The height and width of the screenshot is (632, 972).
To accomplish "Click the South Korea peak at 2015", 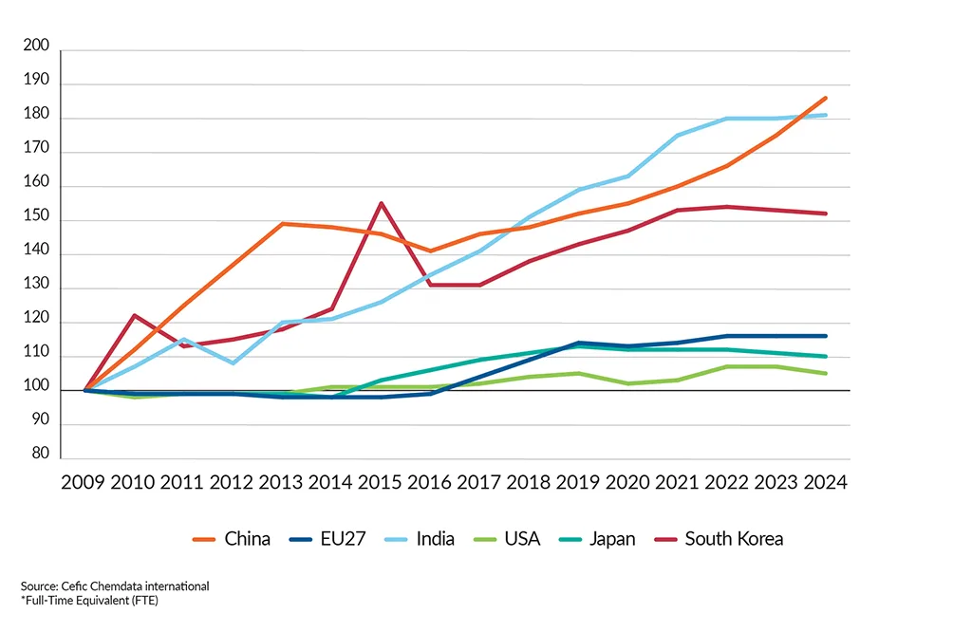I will point(381,203).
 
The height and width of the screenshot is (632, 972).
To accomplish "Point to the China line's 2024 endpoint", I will point(826,98).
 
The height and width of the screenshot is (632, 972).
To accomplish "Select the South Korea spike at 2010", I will point(134,315).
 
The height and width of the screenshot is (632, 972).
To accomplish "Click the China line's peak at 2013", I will point(283,224).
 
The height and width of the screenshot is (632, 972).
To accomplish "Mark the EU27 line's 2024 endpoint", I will point(826,336).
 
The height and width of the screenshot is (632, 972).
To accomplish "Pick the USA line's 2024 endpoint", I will point(826,373).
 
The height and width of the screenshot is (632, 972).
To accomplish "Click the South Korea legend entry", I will point(720,539).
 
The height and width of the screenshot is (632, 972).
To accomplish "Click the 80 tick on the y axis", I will point(39,454).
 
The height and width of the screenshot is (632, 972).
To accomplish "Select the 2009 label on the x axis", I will point(84,481).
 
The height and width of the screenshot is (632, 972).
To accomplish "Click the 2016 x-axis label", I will point(430,481).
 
